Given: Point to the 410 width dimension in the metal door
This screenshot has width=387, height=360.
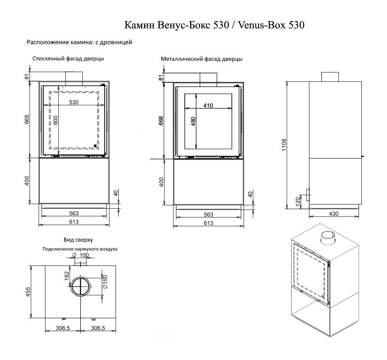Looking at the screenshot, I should point(208,105).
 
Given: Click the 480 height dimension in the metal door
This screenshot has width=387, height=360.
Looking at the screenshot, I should point(193,121).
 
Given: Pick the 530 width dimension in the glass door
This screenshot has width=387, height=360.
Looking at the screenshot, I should point(73,102).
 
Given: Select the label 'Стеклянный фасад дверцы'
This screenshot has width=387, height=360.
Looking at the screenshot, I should point(68,59).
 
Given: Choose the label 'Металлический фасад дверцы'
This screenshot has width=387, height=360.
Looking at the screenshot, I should point(201,59).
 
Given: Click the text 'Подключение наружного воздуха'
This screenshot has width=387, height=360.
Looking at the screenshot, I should point(80,249).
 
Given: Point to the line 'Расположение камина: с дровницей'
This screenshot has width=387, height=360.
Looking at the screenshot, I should point(79,42).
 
